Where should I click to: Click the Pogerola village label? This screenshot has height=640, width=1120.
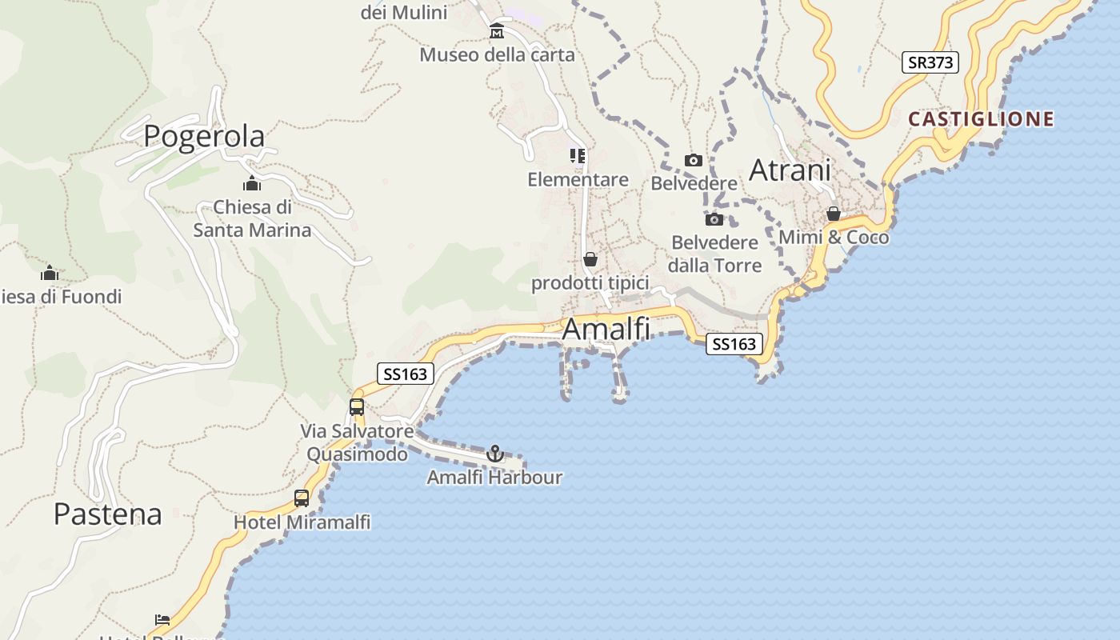point(204,136)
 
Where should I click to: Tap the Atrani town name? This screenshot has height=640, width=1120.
point(790,170)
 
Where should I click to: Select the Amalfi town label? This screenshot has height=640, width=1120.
point(606,329)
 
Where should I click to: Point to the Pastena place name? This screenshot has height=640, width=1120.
point(107,514)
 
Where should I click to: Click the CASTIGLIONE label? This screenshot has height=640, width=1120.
point(981,119)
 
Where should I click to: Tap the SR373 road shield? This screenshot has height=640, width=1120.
point(930,62)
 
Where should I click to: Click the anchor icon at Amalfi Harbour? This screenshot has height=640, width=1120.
point(495,454)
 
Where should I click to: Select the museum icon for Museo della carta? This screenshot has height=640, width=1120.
point(497,31)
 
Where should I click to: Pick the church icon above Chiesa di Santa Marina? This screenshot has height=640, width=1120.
point(252,183)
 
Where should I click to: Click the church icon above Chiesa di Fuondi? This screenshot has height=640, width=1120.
point(50,273)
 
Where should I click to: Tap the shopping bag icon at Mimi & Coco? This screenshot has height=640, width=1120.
point(833,214)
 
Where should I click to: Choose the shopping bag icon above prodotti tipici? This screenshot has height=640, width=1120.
point(590,259)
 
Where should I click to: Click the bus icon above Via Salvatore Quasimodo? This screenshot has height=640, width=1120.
point(357,406)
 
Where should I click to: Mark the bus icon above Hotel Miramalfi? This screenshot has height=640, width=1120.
point(302,498)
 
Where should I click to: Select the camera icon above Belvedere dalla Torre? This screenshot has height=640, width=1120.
point(714,219)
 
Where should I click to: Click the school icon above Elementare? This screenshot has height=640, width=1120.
point(578,155)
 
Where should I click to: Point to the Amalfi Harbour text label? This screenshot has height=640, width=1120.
point(494,478)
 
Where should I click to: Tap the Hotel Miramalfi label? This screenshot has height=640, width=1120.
point(302,522)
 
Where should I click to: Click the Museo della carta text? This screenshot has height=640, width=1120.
point(497,55)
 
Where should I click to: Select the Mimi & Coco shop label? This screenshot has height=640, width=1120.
point(834,238)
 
